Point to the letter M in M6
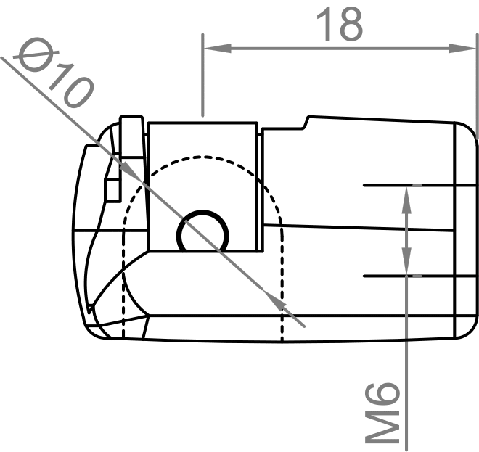pos(382,424)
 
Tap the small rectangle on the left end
pos(112,190)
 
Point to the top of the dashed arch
pos(202,157)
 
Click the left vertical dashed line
pos(124,290)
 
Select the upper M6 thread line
pos(421,186)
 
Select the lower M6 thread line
pos(421,276)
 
